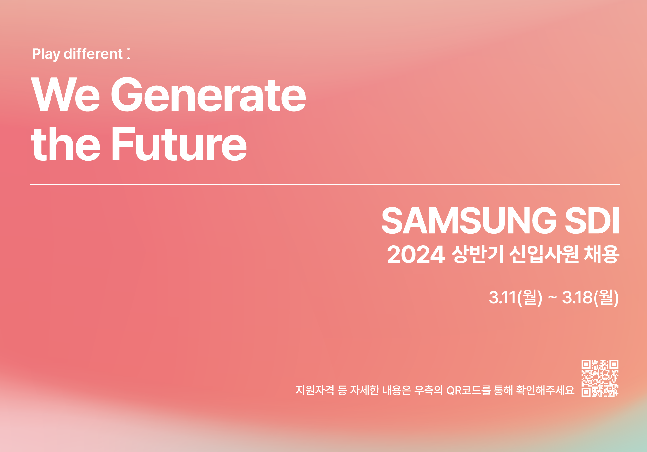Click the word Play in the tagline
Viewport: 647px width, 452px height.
46,54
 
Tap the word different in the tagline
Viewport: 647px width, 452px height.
93,53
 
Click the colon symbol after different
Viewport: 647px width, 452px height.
128,54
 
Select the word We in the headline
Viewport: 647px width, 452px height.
65,94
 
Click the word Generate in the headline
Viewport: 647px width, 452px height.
209,94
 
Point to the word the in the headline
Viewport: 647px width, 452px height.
65,144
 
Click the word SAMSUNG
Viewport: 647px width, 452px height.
469,221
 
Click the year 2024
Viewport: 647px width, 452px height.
416,255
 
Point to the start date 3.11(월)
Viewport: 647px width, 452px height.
516,297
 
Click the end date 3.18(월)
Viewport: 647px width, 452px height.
591,297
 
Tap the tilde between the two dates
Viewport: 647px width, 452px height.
552,297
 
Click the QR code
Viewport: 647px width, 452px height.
600,378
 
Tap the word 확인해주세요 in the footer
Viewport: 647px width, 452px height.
545,390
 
